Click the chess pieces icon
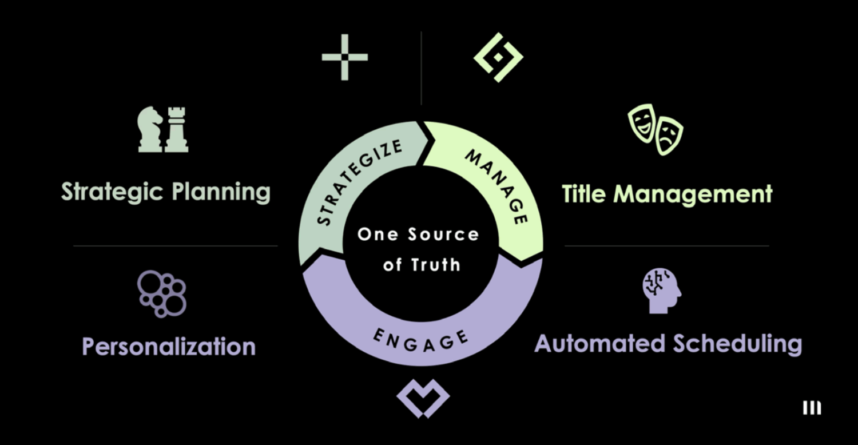coord(163,129)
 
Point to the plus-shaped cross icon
coord(344,57)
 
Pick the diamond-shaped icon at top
coord(498,57)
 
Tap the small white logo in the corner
coord(812,408)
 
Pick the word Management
coord(693,194)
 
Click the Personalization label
coord(169,346)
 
